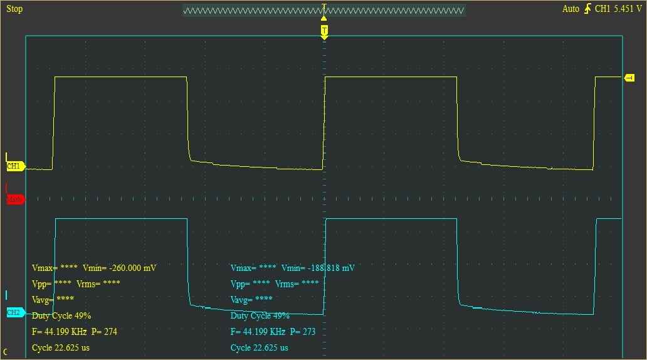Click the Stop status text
(x=14, y=9)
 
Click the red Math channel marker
(x=15, y=199)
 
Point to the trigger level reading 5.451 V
(x=627, y=9)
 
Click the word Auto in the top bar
(x=571, y=9)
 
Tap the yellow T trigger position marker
(x=324, y=30)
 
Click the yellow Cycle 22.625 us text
(x=61, y=347)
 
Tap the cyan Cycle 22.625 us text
(x=260, y=347)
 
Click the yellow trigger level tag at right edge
(x=629, y=78)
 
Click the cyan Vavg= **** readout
(x=251, y=299)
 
